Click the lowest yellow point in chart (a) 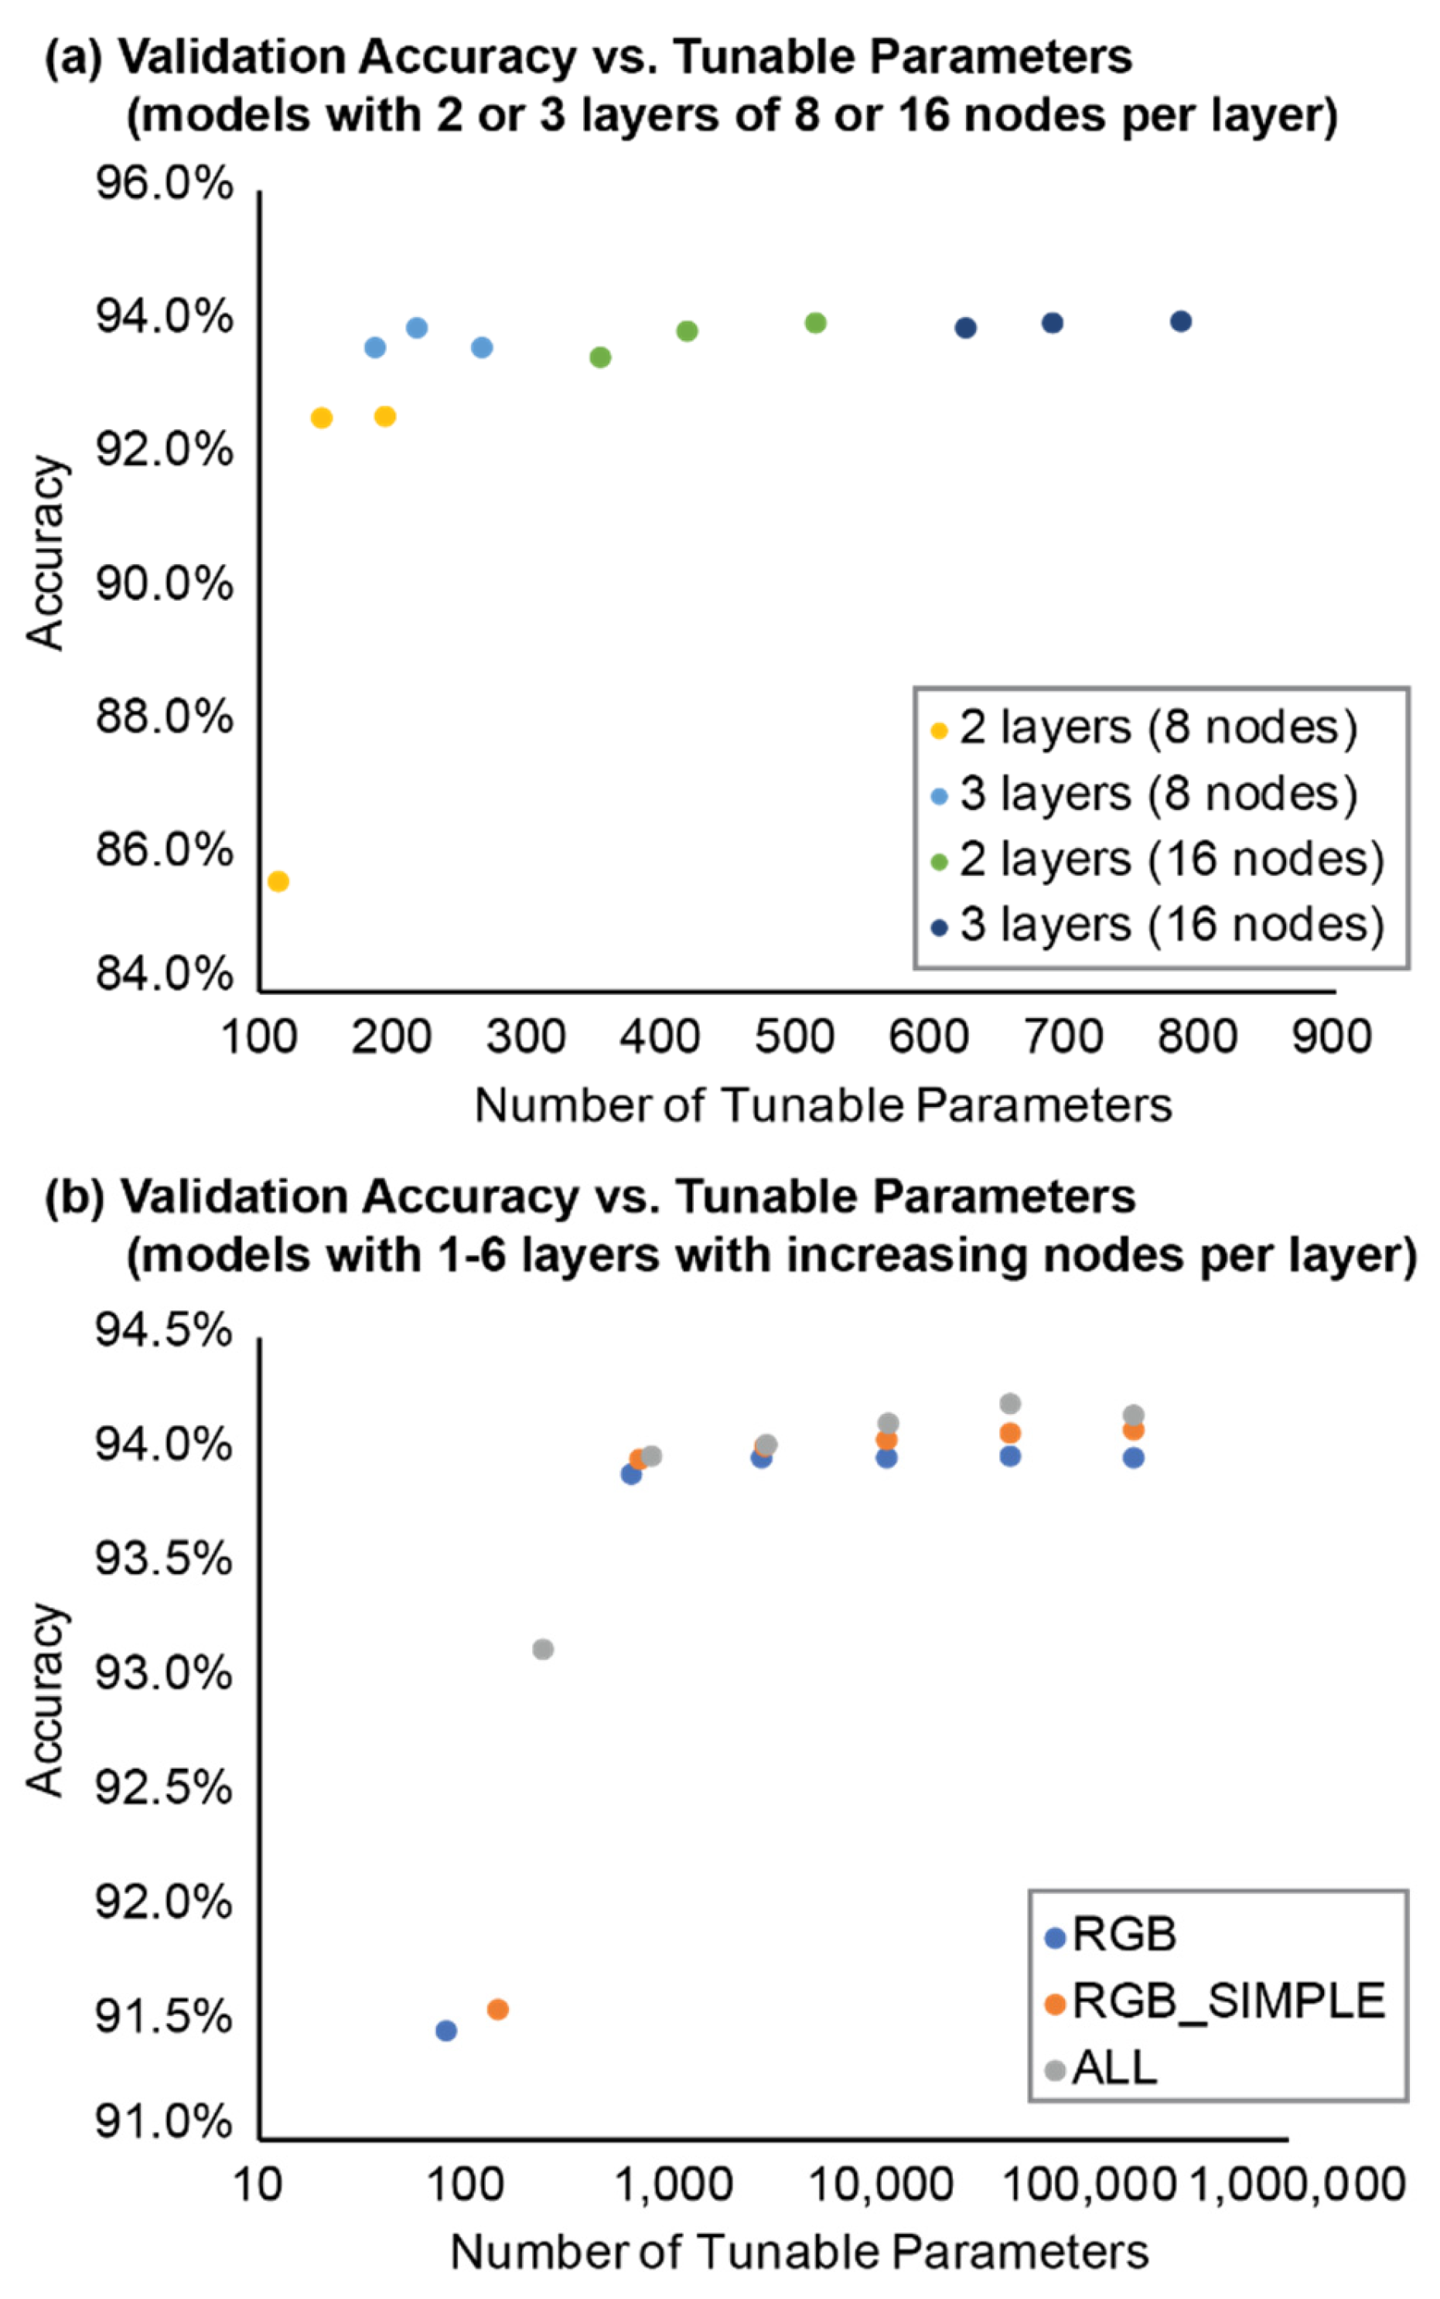pos(278,881)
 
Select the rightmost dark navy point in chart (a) pos(1181,322)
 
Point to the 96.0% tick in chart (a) pos(164,184)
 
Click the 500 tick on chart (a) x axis pos(794,1037)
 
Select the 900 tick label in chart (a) pos(1332,1037)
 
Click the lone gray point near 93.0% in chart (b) pos(543,1649)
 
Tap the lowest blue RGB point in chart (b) pos(445,2031)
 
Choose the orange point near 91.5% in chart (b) pos(497,2008)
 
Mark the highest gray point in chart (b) pos(1011,1403)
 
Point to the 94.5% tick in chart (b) pos(164,1332)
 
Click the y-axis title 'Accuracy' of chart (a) pos(45,552)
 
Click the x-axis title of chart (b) pos(799,2253)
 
